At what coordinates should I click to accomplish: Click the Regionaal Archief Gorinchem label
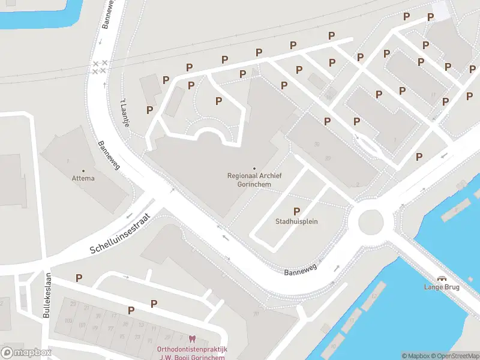tap(254, 180)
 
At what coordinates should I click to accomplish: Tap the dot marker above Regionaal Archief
tap(254, 168)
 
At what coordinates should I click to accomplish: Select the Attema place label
tap(83, 178)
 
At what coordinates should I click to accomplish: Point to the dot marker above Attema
tap(83, 170)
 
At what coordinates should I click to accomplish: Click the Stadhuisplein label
tap(296, 221)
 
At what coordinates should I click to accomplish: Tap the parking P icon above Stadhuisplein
tap(296, 211)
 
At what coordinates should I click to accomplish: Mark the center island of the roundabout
tap(371, 222)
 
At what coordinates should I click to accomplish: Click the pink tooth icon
tap(192, 340)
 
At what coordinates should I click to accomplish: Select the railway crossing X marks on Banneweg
tap(99, 67)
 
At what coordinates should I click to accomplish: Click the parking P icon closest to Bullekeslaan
tap(79, 277)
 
